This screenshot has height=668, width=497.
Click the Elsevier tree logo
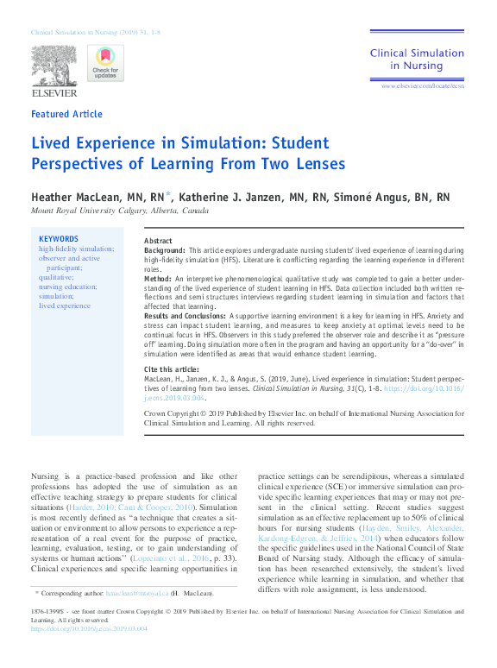click(54, 66)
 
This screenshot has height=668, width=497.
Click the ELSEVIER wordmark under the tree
click(54, 92)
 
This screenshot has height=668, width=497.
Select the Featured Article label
click(66, 114)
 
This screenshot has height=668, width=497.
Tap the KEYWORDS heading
click(59, 239)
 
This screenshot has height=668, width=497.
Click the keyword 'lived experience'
click(65, 306)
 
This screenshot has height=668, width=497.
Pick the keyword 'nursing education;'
click(67, 287)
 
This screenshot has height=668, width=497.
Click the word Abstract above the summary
click(157, 241)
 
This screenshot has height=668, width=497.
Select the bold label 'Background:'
click(165, 249)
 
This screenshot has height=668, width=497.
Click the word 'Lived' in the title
click(51, 143)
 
